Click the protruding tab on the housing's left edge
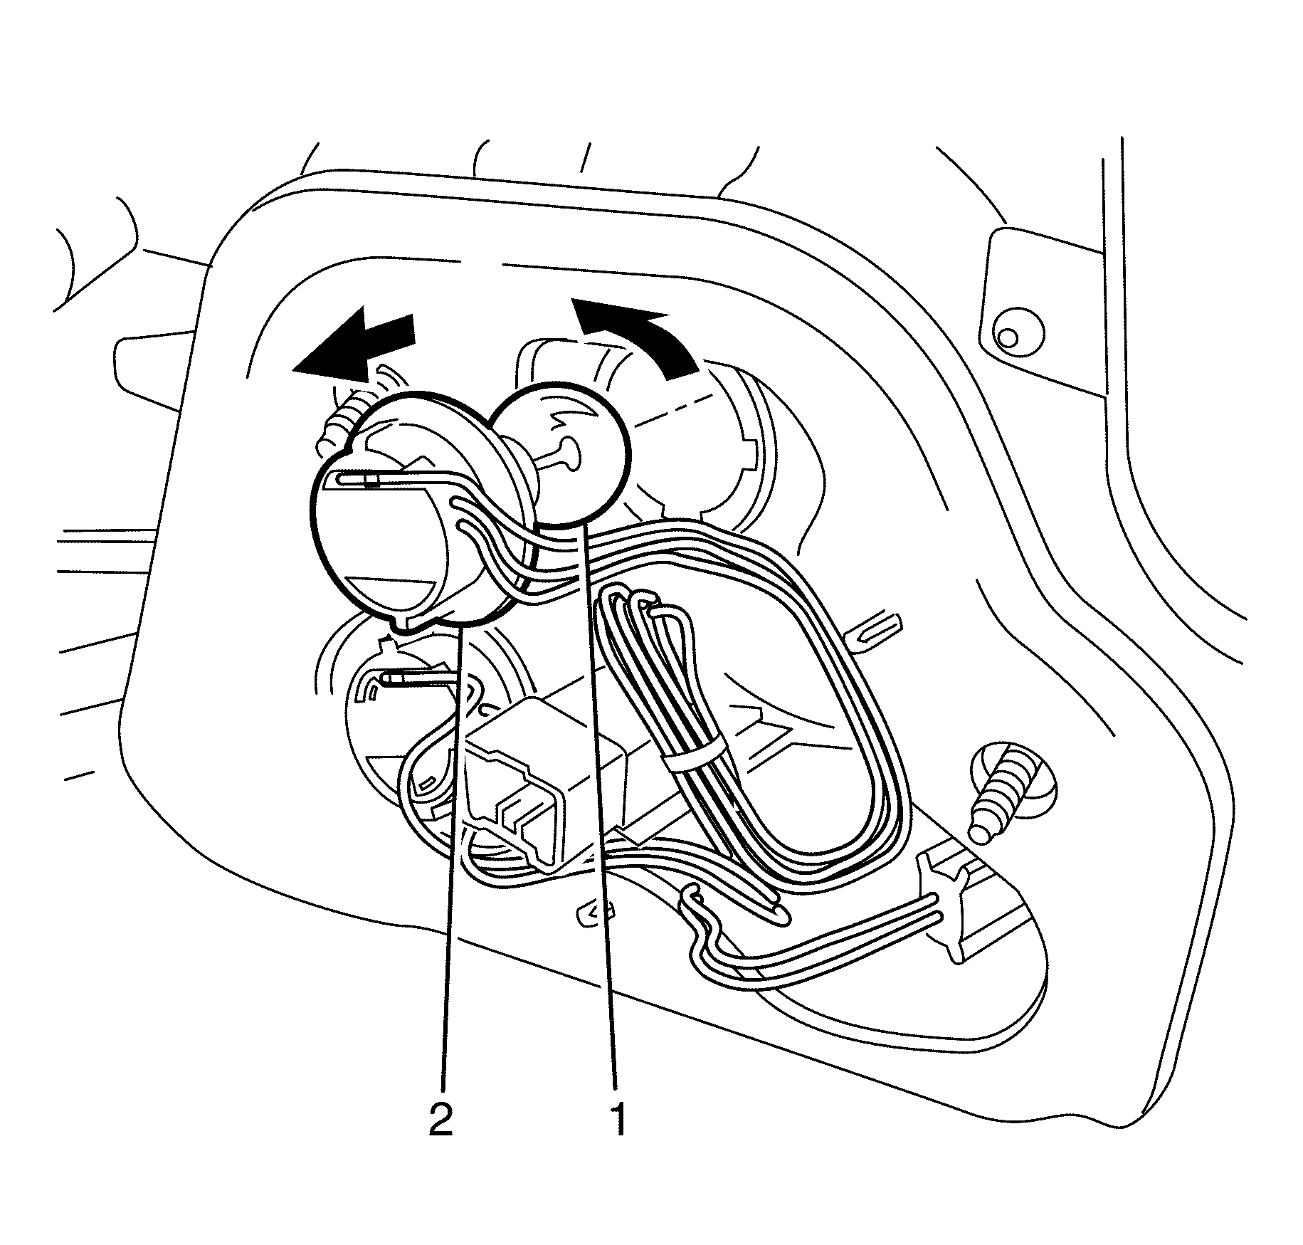pos(153,370)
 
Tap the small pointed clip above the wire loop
pos(879,629)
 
